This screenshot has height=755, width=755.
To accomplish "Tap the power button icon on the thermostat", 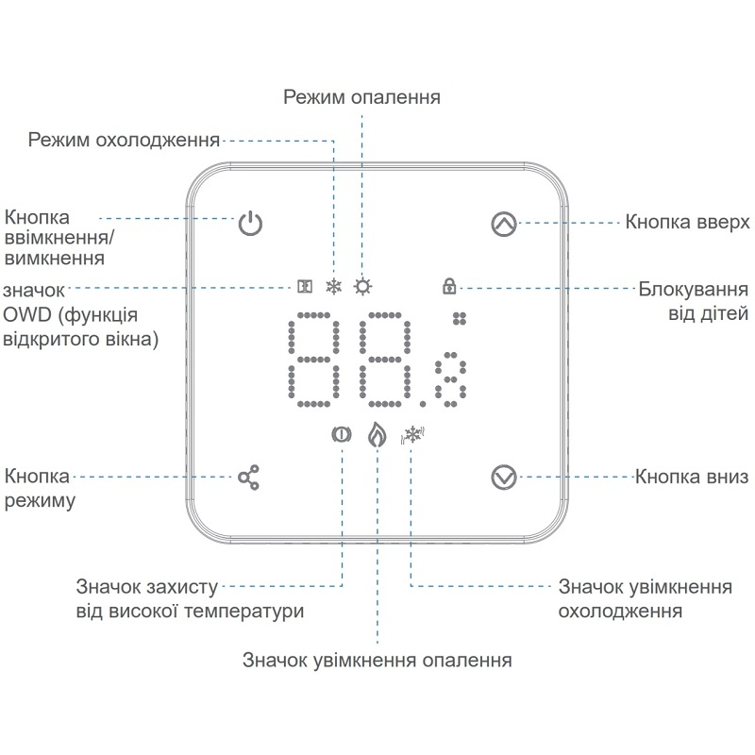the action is pyautogui.click(x=250, y=224).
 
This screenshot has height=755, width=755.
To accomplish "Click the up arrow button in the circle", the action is pyautogui.click(x=504, y=224).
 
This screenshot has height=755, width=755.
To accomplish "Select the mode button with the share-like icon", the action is pyautogui.click(x=249, y=478).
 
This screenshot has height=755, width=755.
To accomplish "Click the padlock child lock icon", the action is pyautogui.click(x=449, y=286).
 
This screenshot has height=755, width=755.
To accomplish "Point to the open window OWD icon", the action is pyautogui.click(x=305, y=287).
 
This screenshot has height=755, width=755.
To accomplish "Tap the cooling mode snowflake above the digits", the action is pyautogui.click(x=334, y=287).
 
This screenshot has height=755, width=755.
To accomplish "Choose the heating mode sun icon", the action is pyautogui.click(x=362, y=287).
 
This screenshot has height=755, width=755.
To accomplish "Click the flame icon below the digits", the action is pyautogui.click(x=377, y=435).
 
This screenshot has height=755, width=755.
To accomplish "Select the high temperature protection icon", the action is pyautogui.click(x=342, y=435).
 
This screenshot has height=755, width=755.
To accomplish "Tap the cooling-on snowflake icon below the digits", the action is pyautogui.click(x=412, y=435).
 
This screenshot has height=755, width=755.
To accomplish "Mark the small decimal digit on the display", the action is pyautogui.click(x=451, y=379).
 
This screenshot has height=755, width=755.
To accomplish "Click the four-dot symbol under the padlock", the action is pyautogui.click(x=460, y=318).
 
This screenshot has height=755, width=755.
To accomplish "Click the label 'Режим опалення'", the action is pyautogui.click(x=361, y=97).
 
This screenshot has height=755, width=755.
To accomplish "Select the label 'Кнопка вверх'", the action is pyautogui.click(x=687, y=223).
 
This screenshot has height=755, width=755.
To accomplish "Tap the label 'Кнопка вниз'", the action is pyautogui.click(x=692, y=477).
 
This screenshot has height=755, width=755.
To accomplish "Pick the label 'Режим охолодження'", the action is pyautogui.click(x=124, y=140).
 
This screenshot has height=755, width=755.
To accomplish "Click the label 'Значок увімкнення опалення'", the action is pyautogui.click(x=377, y=660).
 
